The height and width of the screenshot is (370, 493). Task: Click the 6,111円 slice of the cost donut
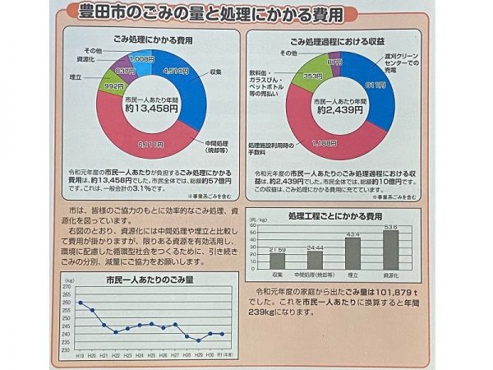pos(152,141)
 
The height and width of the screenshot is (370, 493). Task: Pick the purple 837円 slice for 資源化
pos(125,70)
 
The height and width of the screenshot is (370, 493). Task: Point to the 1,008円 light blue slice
pos(142,59)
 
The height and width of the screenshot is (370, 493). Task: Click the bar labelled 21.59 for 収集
pos(278,260)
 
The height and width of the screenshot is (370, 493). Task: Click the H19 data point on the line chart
pos(80,303)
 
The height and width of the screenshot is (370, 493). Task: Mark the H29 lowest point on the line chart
pos(198,340)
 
